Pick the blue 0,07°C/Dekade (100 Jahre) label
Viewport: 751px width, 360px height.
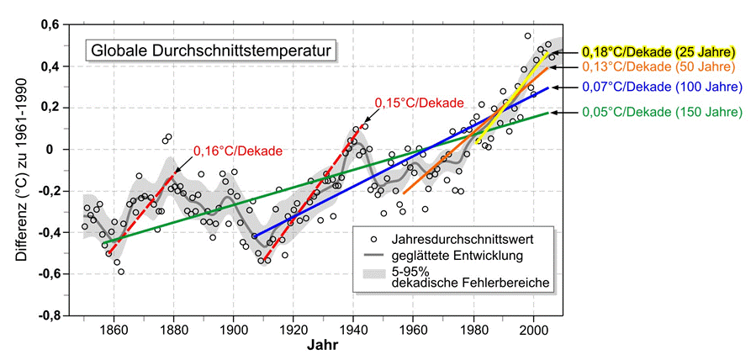[x=661, y=87]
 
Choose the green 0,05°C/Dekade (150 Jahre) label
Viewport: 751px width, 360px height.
[x=661, y=110]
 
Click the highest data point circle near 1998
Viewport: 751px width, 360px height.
[x=527, y=36]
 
